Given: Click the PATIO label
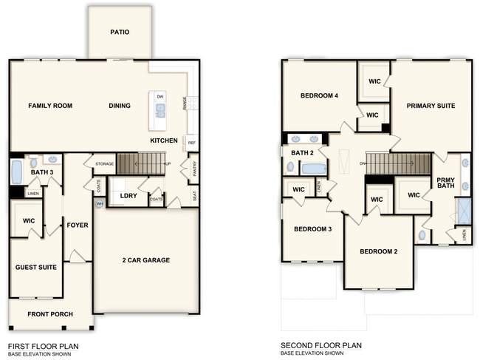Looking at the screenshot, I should click(x=120, y=32).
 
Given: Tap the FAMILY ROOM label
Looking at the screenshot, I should click(x=50, y=106).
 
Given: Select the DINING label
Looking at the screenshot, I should click(x=120, y=106).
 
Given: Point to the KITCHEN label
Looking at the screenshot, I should click(x=164, y=140).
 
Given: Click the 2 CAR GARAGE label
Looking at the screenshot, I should click(x=146, y=259).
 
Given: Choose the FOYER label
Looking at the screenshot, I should click(x=78, y=225).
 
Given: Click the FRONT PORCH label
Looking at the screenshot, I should click(x=50, y=314).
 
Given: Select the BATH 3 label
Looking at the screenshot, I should click(x=41, y=172).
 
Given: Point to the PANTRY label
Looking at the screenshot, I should click(x=193, y=171).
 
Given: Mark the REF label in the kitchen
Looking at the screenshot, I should click(x=191, y=143).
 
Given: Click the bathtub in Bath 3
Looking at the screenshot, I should click(x=16, y=172).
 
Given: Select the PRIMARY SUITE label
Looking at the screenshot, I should click(x=431, y=106).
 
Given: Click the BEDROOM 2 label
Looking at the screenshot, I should click(x=379, y=251).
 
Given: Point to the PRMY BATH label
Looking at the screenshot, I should click(x=446, y=183).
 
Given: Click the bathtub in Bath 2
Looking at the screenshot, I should click(x=314, y=169).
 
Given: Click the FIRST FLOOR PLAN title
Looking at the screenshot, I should click(x=43, y=345).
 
